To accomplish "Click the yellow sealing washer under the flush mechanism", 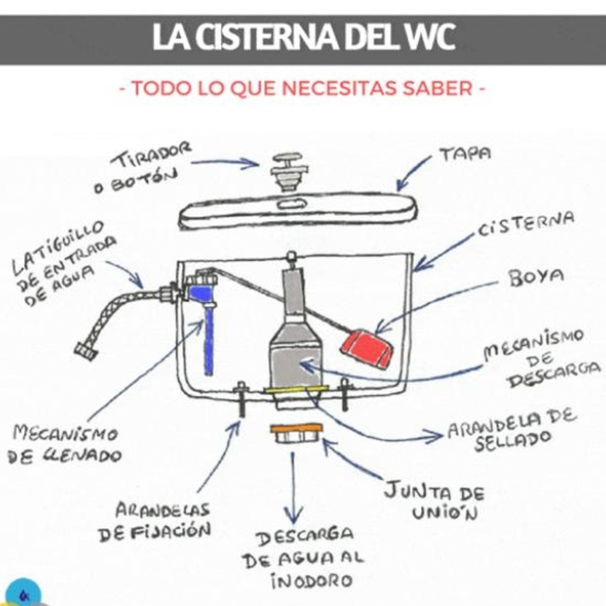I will click(x=294, y=390).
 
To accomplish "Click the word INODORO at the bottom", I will click(x=311, y=581).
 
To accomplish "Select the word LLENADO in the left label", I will click(x=83, y=455).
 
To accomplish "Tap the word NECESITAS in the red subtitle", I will click(x=339, y=88).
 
